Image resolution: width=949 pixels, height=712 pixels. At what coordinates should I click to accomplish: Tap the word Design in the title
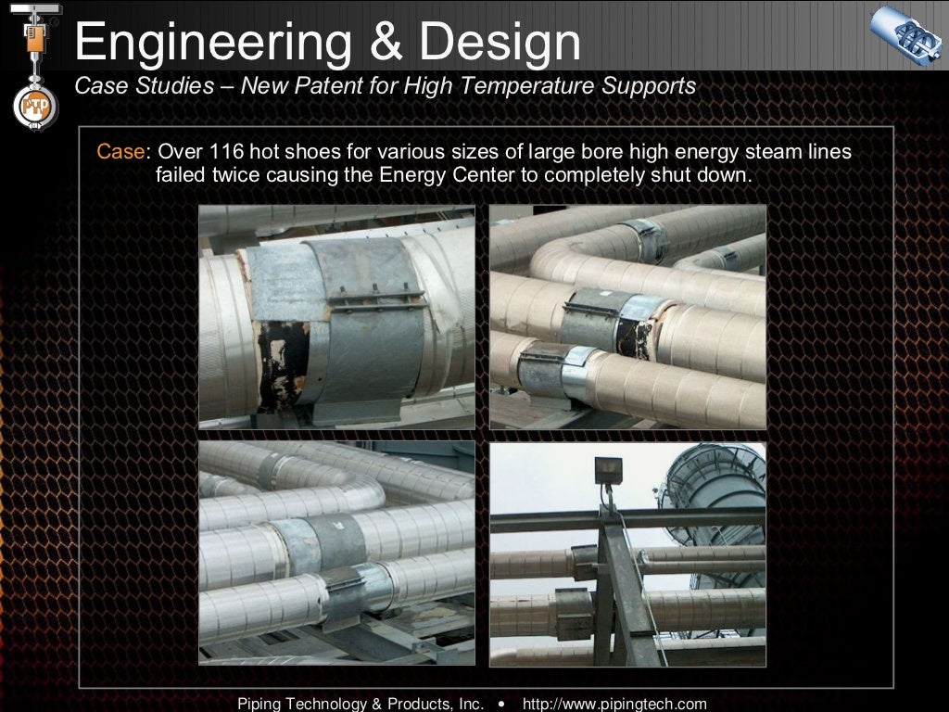point(500,43)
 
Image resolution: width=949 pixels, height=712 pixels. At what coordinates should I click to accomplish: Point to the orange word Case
point(120,152)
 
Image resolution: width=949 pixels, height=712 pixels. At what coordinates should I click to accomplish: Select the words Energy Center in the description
point(438,174)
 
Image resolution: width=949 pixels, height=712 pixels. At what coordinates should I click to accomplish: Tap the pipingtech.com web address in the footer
point(614,704)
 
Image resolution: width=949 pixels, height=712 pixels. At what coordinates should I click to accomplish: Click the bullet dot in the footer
point(500,704)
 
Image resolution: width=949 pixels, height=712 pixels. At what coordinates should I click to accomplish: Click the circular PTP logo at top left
point(35,108)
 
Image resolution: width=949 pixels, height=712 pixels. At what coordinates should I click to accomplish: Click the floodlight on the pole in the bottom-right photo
point(608,474)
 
